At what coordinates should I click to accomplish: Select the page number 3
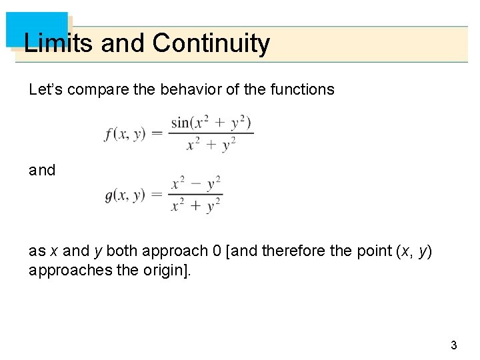pos(454,345)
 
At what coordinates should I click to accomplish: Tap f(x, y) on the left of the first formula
pos(125,133)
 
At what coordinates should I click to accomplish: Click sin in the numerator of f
pos(180,123)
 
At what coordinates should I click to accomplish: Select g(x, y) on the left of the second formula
pos(125,195)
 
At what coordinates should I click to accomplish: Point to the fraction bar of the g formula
pos(195,195)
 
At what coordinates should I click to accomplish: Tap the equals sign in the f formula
pos(157,133)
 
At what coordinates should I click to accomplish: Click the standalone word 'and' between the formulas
pos(42,170)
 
